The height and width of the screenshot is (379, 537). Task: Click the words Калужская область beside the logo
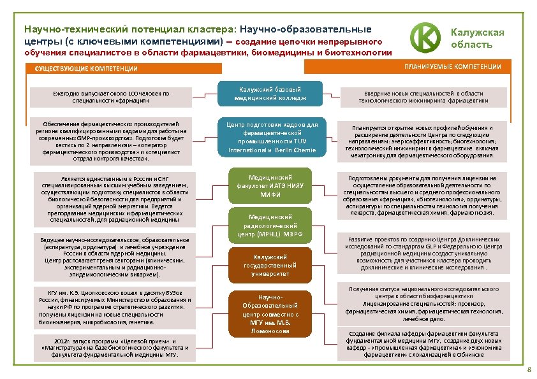coord(477,38)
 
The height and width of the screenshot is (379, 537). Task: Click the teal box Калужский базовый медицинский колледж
coord(270,94)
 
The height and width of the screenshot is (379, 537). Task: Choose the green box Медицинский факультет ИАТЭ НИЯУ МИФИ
coord(270,185)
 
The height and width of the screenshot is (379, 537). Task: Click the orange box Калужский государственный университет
coord(270,265)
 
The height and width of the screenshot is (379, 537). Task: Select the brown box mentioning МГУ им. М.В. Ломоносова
coord(270,313)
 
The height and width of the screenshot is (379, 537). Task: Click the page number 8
coord(528,370)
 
